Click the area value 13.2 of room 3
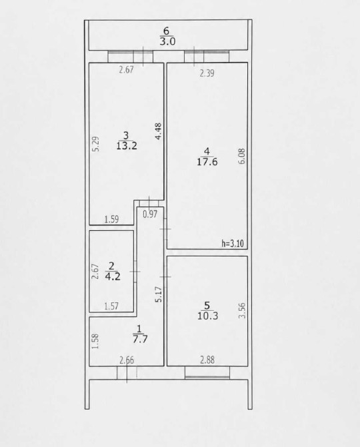(127, 146)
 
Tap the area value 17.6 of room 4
(207, 162)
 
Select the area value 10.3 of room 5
(207, 316)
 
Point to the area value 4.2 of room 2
(113, 276)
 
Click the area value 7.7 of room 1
(140, 339)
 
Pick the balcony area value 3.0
(167, 41)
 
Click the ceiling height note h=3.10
(233, 244)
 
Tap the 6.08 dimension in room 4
(242, 156)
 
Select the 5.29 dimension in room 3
(96, 144)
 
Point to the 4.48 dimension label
(159, 131)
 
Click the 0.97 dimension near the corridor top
(150, 214)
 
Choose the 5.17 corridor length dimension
(159, 294)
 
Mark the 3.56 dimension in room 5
(242, 310)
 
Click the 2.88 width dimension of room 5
(207, 360)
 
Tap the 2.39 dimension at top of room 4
(207, 73)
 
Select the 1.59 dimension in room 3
(111, 219)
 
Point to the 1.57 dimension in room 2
(111, 306)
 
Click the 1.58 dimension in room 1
(96, 341)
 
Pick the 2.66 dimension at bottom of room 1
(127, 360)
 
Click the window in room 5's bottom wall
(207, 373)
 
